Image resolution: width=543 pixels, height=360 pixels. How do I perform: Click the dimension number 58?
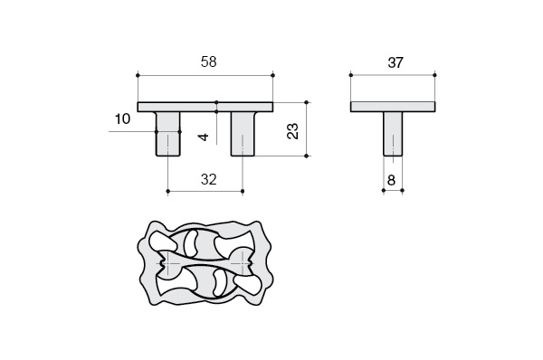[x=208, y=62]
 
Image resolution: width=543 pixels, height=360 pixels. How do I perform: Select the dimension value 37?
[x=395, y=62]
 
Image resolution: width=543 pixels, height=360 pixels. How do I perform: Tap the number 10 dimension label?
[x=122, y=118]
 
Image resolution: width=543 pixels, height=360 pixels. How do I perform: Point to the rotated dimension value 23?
[x=292, y=131]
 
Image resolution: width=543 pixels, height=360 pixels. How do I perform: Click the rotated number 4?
[x=204, y=137]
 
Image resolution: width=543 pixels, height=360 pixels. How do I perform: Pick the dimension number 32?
[x=208, y=179]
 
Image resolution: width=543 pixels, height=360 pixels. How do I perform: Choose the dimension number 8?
[x=391, y=180]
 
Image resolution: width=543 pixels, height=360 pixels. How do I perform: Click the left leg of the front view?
[x=168, y=134]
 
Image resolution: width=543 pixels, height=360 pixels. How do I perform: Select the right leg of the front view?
[x=243, y=134]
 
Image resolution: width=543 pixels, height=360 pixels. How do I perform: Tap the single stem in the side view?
[x=393, y=134]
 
